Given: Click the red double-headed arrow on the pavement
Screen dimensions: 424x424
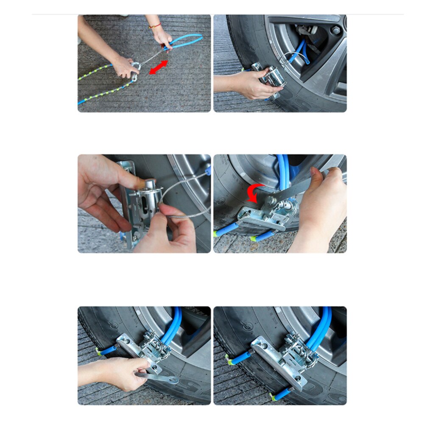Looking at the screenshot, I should point(158,67).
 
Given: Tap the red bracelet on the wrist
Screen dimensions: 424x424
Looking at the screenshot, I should point(155,26).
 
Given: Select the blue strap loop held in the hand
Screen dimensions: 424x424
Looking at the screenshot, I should point(187,41).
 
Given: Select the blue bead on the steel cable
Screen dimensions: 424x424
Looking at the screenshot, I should point(207,171).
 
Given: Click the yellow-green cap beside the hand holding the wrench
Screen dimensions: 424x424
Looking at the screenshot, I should point(99,351).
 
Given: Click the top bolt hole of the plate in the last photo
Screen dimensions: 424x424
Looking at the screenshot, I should point(256,342).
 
